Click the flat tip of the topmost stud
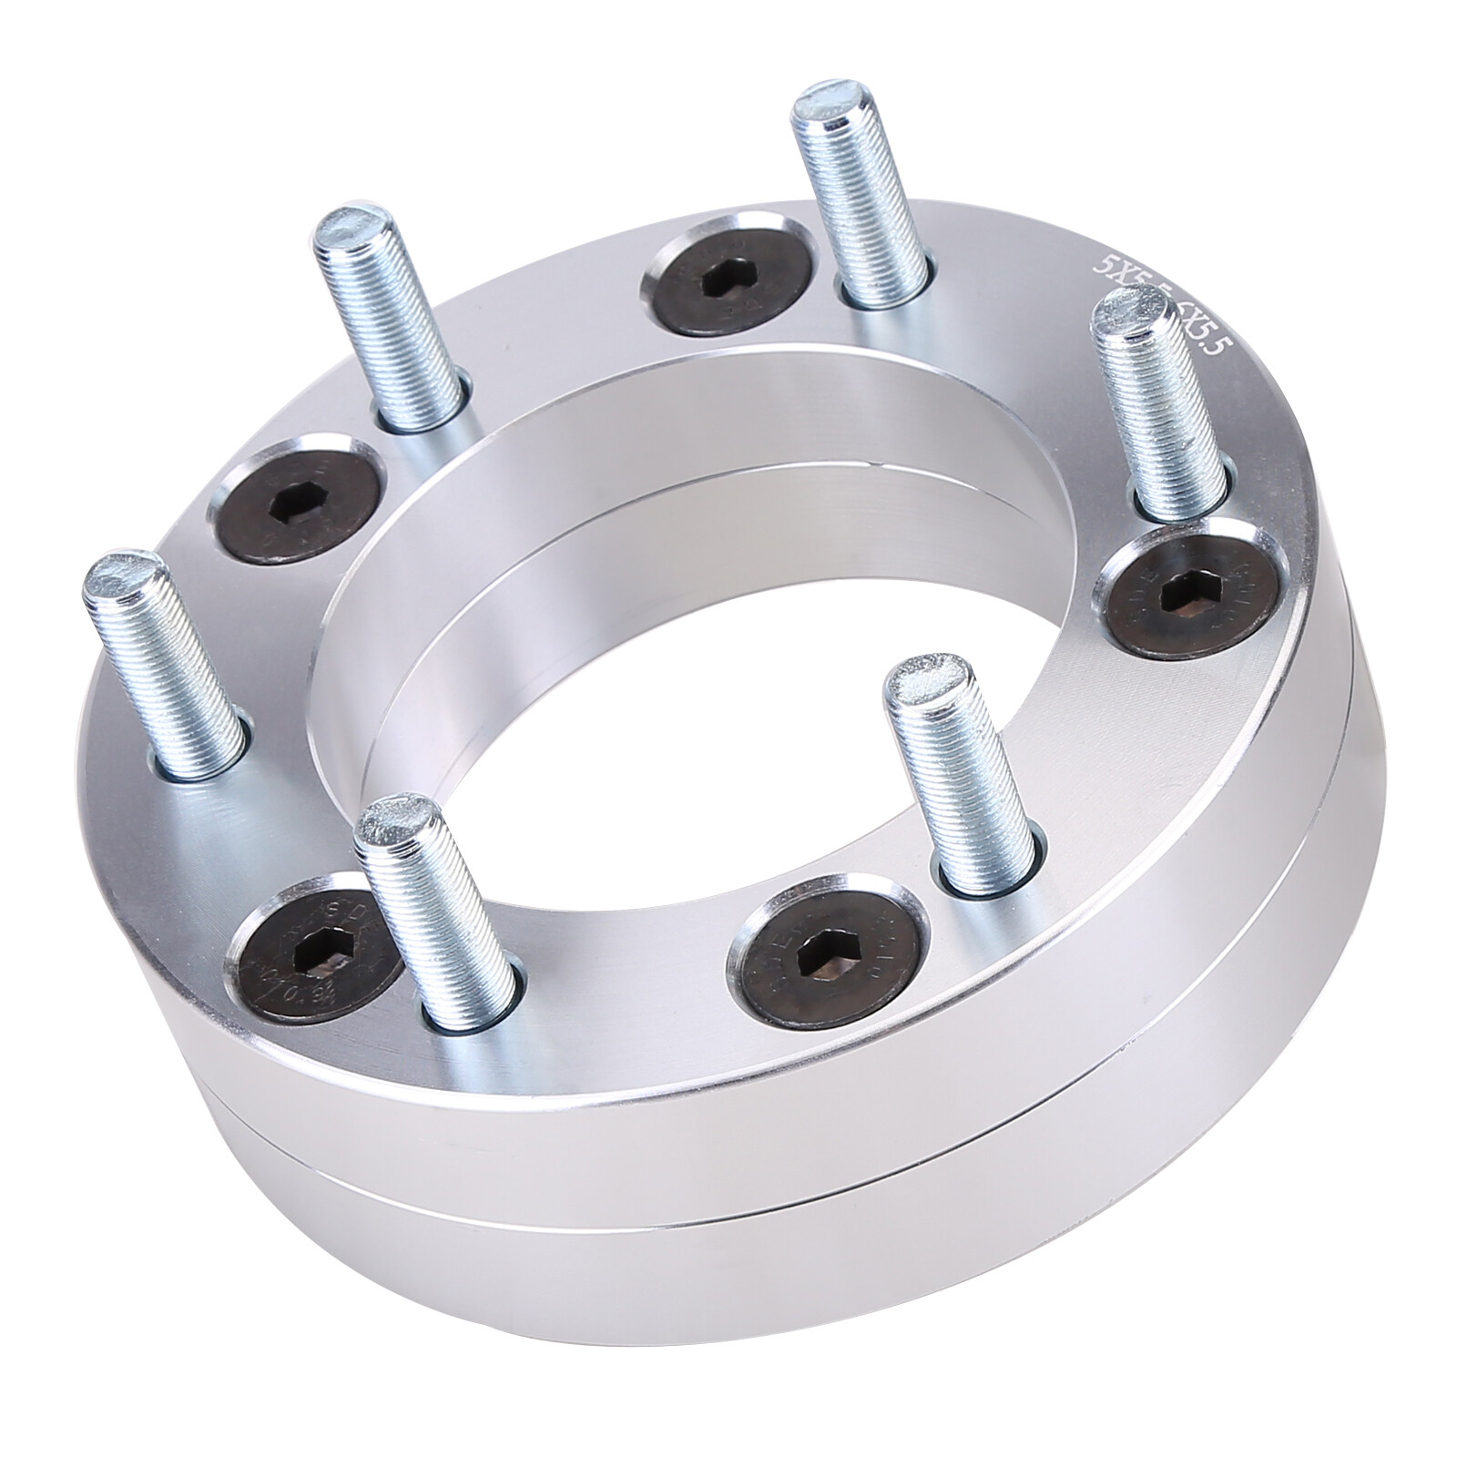pyautogui.click(x=825, y=110)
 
